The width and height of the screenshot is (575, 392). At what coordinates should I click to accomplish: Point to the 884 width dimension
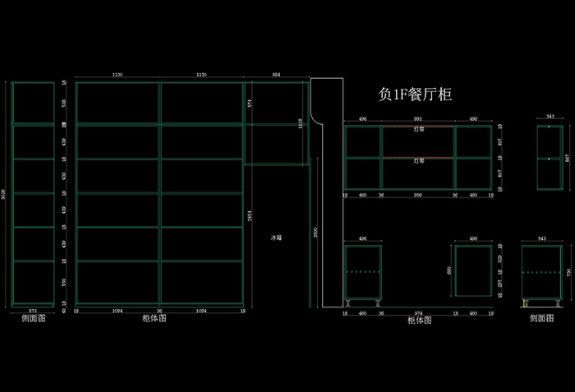(x=276, y=75)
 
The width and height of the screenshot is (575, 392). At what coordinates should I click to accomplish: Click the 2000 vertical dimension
(x=313, y=233)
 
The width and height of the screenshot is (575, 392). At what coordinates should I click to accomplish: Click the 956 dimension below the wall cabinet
(x=418, y=196)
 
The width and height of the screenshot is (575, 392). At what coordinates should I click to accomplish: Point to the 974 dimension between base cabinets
(x=418, y=313)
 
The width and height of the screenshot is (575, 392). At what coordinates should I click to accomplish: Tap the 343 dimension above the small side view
(x=550, y=118)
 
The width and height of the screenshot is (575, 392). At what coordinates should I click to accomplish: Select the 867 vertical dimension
(x=567, y=158)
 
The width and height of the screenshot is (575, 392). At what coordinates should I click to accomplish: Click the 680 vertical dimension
(x=448, y=270)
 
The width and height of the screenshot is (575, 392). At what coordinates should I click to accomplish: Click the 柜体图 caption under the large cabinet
(x=154, y=319)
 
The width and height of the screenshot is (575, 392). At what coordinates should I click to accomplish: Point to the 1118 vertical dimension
(x=301, y=123)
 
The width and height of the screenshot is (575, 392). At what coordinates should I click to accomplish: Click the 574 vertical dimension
(x=250, y=103)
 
